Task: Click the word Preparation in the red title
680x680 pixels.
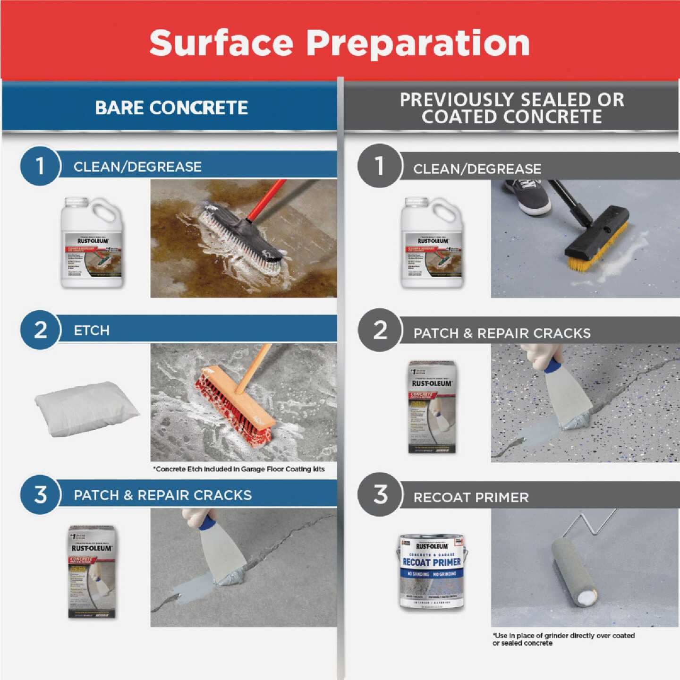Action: tap(418, 43)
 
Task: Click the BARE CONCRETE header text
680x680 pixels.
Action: tap(171, 108)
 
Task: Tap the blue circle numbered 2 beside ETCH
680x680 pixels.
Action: tap(41, 330)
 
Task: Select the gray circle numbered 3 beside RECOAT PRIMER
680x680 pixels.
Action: tap(380, 494)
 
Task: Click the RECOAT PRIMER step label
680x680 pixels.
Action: tap(471, 497)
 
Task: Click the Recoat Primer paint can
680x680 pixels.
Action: tap(432, 572)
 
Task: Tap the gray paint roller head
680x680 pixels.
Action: tap(574, 572)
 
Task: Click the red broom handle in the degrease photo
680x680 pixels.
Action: tap(267, 201)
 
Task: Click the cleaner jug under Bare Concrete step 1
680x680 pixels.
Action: tap(92, 244)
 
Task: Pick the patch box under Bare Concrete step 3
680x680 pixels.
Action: tap(92, 571)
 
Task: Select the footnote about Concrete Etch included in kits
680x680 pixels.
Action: tap(239, 469)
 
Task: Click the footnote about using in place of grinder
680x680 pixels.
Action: tap(563, 639)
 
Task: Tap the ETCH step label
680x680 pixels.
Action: tap(92, 330)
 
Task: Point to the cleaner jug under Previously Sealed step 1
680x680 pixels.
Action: tap(432, 244)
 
